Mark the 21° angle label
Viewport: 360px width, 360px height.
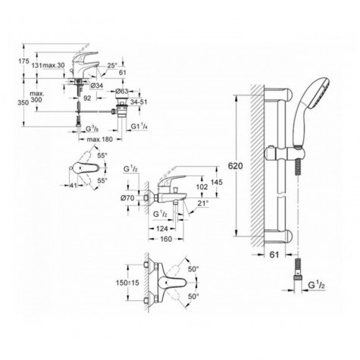coord(204,204)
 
